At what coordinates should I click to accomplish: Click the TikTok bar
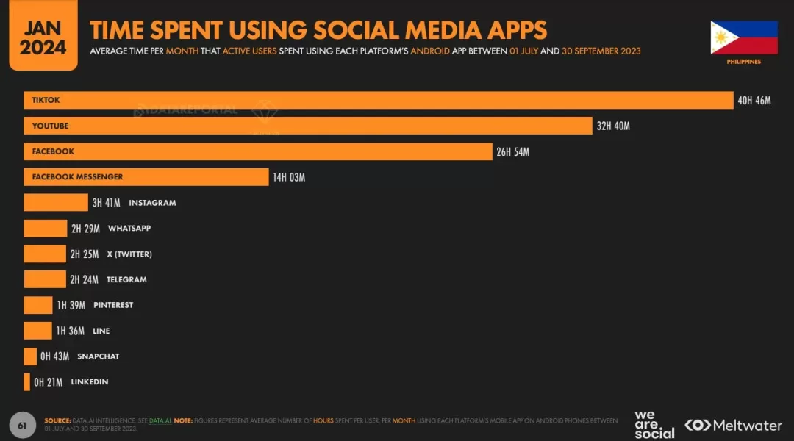tap(379, 100)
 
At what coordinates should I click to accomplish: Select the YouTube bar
tap(307, 126)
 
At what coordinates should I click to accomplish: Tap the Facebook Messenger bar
tap(146, 177)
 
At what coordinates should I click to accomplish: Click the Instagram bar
tap(55, 203)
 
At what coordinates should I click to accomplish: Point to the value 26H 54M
tap(512, 151)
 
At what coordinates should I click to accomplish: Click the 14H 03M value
tap(288, 177)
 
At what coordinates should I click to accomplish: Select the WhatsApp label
tap(129, 229)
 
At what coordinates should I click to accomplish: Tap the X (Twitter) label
tap(130, 254)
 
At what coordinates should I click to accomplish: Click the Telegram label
tap(126, 279)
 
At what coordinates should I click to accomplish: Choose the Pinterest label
tap(113, 305)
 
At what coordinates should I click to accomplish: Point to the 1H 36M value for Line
tap(71, 331)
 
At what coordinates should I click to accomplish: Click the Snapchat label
tap(98, 356)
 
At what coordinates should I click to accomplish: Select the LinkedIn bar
tap(26, 382)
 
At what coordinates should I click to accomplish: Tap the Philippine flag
tap(743, 37)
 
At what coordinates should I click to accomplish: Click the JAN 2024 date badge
tap(43, 37)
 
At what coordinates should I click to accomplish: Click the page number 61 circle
tap(22, 425)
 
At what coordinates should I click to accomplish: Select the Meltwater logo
tap(733, 425)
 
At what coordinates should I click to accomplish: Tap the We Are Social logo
tap(654, 425)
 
